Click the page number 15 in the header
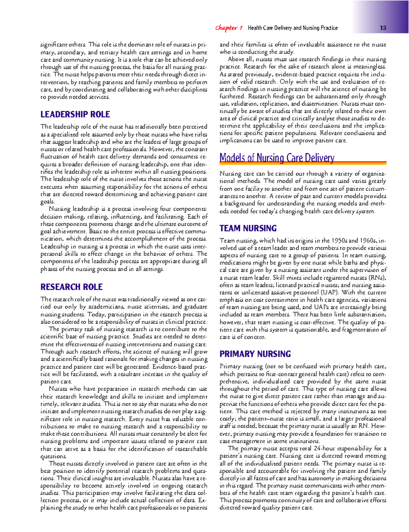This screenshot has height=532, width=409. tap(383, 28)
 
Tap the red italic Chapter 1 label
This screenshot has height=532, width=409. tap(229, 28)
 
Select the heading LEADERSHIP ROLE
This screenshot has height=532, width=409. tap(75, 114)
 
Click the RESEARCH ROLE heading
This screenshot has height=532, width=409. tap(72, 287)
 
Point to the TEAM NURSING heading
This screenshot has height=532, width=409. tap(248, 228)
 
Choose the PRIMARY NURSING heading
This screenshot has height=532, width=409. tap(255, 354)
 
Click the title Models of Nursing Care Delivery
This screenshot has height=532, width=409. tap(277, 158)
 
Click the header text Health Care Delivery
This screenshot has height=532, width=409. tap(270, 28)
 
